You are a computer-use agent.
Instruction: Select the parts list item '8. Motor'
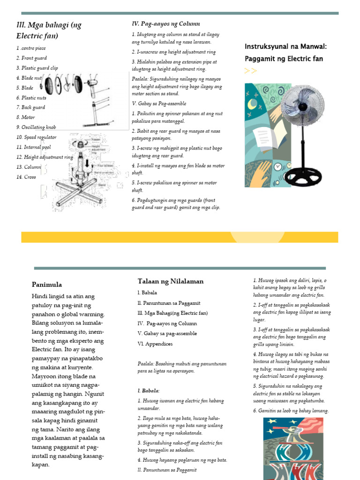pos(26,117)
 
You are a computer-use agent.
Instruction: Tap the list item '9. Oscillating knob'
pos(36,127)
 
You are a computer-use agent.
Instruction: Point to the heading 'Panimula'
pos(47,285)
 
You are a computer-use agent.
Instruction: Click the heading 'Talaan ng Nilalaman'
pos(171,281)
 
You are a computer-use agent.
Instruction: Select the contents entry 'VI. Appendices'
pos(155,344)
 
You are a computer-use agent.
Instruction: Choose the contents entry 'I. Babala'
pos(148,292)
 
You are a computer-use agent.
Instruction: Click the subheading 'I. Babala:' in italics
pos(149,390)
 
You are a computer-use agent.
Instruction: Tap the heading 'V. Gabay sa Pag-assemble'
pos(159,104)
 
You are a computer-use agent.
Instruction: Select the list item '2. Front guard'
pos(32,58)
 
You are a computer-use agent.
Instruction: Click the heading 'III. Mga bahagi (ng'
pos(49,25)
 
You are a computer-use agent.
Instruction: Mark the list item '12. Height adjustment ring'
pos(45,157)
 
